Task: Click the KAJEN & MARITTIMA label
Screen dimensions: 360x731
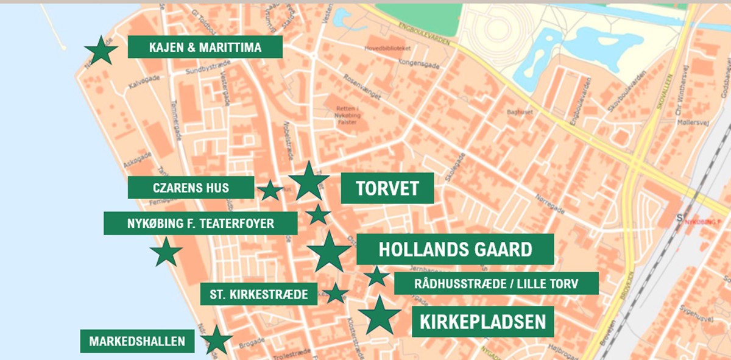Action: click(x=205, y=47)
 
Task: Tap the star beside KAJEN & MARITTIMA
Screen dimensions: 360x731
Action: click(x=101, y=51)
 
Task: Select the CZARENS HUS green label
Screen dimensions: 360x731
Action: click(x=191, y=188)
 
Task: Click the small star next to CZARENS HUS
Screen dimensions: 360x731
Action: click(x=270, y=191)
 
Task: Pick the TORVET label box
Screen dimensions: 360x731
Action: click(x=387, y=188)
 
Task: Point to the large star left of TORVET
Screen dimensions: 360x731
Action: click(x=309, y=182)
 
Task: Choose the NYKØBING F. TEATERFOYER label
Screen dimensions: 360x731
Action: click(x=200, y=224)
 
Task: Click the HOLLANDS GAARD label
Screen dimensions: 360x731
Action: click(x=455, y=249)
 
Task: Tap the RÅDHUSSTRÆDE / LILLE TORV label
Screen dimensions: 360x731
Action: click(x=496, y=283)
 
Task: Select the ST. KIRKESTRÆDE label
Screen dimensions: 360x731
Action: click(x=259, y=294)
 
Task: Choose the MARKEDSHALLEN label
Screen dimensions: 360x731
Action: click(x=137, y=341)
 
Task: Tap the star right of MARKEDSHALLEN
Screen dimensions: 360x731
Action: click(x=216, y=341)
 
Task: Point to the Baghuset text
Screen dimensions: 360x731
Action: click(x=520, y=113)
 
